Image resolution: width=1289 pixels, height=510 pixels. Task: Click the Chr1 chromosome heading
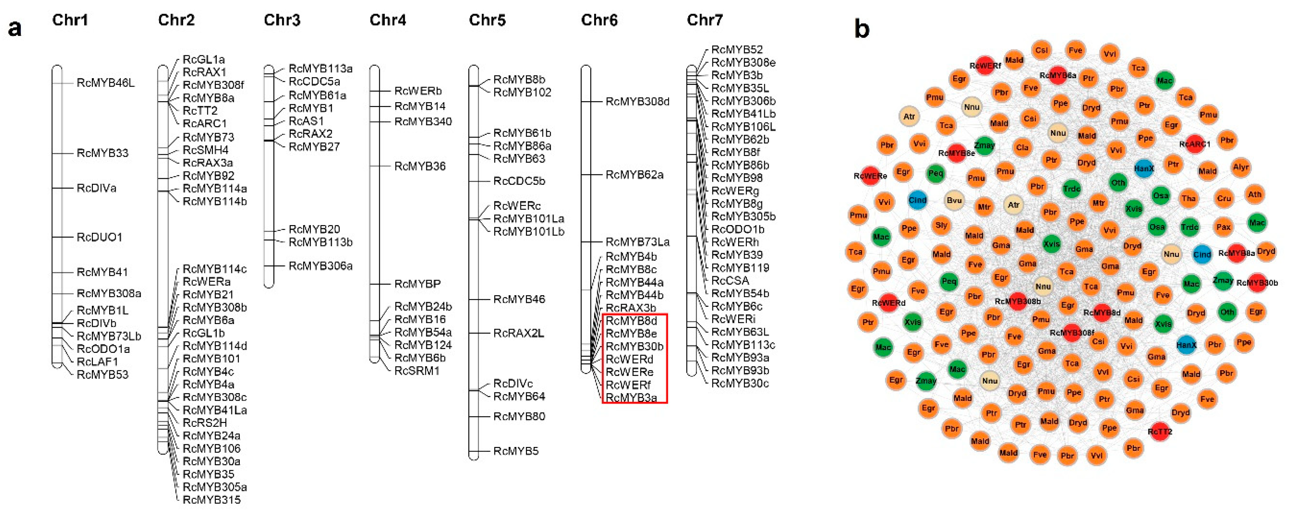[x=70, y=20]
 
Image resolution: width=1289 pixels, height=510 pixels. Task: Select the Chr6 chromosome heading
[x=599, y=20]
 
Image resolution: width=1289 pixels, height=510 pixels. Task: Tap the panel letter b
[x=862, y=29]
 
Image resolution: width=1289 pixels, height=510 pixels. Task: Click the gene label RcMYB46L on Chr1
[x=106, y=82]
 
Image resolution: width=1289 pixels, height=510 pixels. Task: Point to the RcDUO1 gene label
[x=100, y=237]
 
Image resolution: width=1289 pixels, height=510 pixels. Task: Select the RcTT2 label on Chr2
[x=200, y=110]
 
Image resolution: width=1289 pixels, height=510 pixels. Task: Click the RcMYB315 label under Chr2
[x=212, y=499]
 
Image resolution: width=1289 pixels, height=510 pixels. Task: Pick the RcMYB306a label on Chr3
[x=320, y=266]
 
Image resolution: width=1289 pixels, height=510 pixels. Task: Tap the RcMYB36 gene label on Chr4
[x=420, y=166]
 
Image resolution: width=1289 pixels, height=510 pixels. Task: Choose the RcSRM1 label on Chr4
[x=417, y=371]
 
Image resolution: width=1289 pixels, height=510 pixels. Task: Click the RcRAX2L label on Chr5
[x=518, y=333]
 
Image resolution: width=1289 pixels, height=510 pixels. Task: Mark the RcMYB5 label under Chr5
[x=516, y=451]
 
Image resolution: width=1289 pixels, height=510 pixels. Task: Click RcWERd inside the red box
[x=629, y=359]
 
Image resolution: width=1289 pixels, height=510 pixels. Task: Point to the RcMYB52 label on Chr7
[x=737, y=50]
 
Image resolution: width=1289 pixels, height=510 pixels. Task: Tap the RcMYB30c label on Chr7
[x=740, y=383]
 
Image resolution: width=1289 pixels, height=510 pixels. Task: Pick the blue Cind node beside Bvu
[x=917, y=200]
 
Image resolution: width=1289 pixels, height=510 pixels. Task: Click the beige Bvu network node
[x=954, y=200]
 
